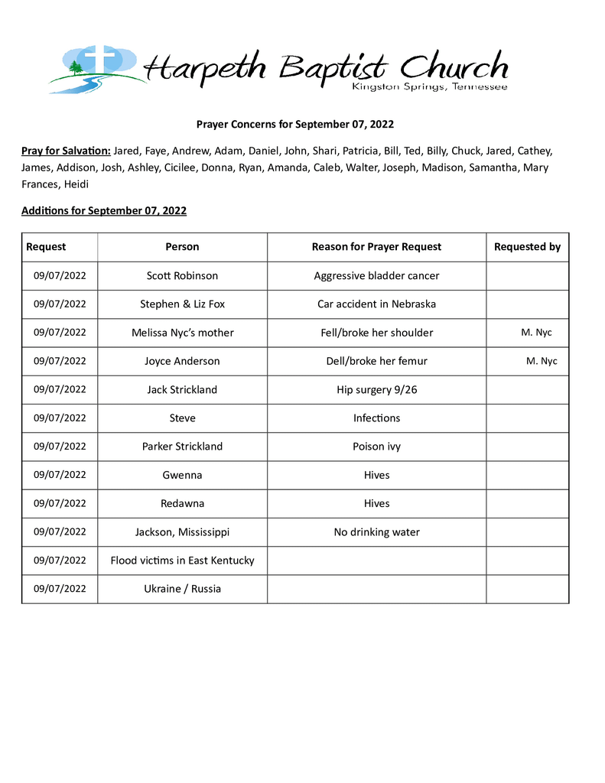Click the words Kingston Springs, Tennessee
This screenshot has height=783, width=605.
click(x=429, y=88)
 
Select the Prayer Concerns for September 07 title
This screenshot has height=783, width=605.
click(x=295, y=124)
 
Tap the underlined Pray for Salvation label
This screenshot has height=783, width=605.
click(x=66, y=151)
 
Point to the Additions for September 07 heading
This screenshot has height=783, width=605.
click(x=104, y=210)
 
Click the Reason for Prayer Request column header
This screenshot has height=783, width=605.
click(x=376, y=247)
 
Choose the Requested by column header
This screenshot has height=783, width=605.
click(x=527, y=247)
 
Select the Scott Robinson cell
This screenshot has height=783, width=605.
click(x=182, y=275)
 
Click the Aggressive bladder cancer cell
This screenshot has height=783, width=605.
click(x=376, y=275)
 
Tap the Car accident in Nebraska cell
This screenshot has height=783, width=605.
click(x=376, y=304)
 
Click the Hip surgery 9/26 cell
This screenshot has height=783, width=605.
click(x=376, y=390)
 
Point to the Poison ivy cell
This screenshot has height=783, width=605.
click(x=376, y=447)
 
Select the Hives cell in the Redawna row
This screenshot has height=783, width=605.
click(x=376, y=504)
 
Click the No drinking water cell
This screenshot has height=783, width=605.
click(x=376, y=532)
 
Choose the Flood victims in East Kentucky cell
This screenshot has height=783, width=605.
click(x=182, y=560)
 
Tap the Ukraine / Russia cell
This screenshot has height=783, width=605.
click(x=182, y=589)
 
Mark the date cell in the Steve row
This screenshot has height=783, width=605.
click(x=60, y=418)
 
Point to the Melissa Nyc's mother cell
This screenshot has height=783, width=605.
click(x=182, y=333)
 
